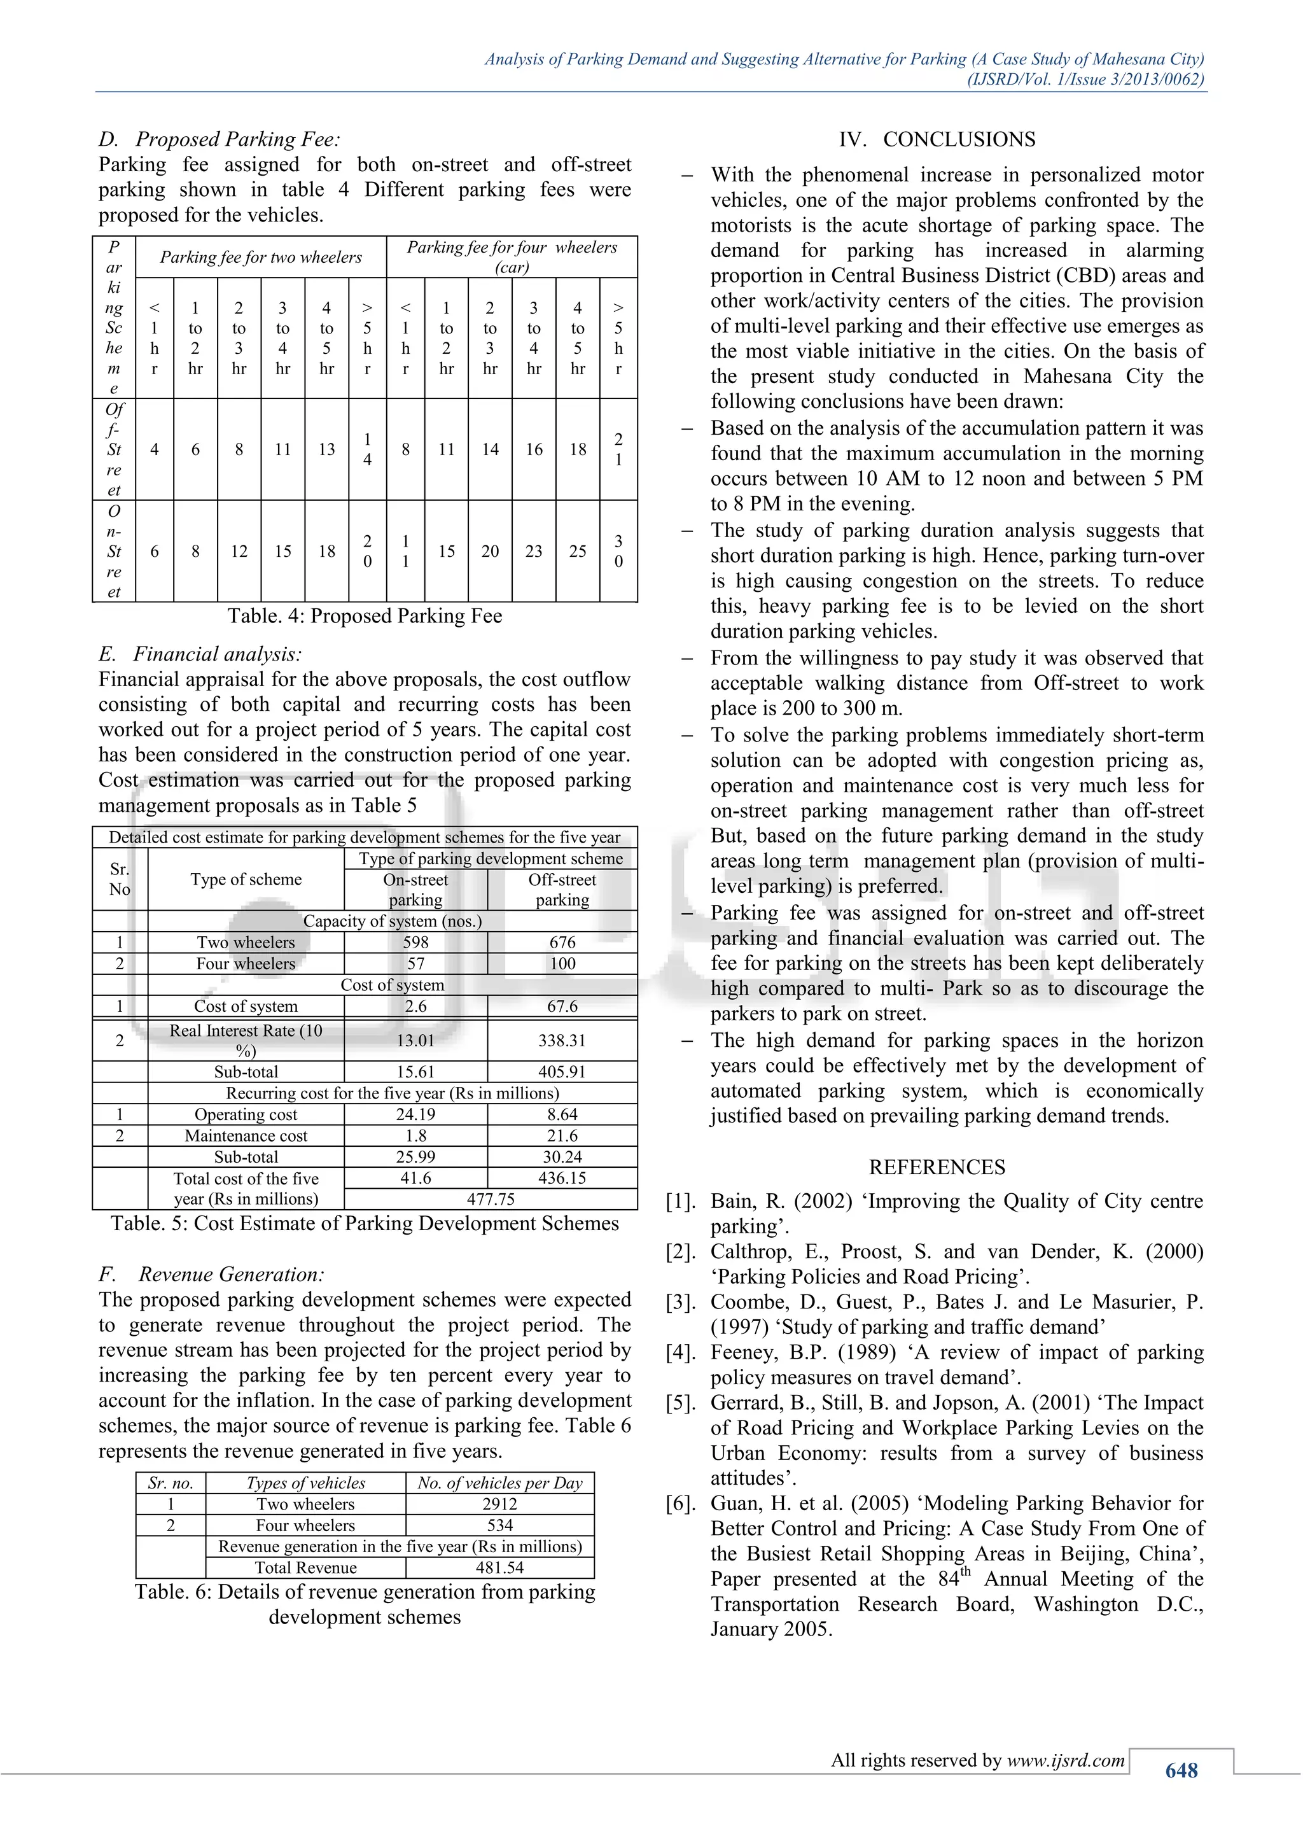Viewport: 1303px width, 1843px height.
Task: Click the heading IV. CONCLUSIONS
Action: pos(937,139)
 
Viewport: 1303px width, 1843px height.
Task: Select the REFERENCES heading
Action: pos(937,1167)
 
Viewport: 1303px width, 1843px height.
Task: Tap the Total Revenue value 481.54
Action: pos(500,1567)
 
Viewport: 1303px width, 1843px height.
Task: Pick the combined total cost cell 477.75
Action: pos(491,1199)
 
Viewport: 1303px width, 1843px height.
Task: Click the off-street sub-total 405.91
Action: pos(562,1072)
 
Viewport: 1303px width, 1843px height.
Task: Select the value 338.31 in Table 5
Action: pos(562,1041)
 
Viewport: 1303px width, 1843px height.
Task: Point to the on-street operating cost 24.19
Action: pos(415,1114)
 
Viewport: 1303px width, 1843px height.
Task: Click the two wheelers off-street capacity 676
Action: pos(562,943)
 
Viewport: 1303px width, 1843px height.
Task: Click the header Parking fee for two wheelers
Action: pos(261,257)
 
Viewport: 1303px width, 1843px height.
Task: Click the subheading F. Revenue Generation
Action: pos(212,1275)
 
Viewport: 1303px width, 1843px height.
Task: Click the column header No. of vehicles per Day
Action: pos(500,1483)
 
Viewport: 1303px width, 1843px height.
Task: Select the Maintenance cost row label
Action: pos(246,1136)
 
